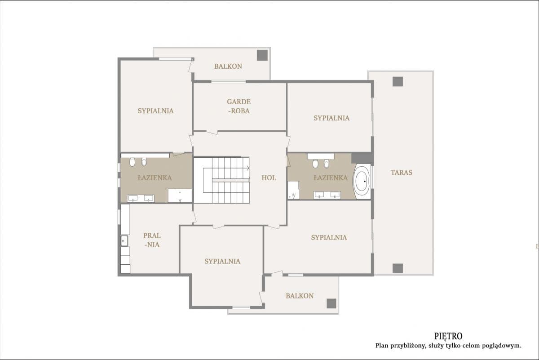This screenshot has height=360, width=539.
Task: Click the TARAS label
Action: [x=401, y=172]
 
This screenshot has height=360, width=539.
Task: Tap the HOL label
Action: [x=269, y=178]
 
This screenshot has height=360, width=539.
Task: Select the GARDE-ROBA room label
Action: [x=239, y=107]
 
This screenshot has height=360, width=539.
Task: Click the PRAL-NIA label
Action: [x=152, y=240]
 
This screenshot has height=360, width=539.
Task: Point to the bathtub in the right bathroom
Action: [x=362, y=182]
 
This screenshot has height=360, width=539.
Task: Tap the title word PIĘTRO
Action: [x=448, y=336]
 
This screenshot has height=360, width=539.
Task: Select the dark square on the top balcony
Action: [x=262, y=55]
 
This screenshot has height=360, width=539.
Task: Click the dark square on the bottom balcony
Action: [x=331, y=303]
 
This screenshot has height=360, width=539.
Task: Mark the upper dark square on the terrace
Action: [x=398, y=81]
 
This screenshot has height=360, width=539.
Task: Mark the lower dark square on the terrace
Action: [x=398, y=268]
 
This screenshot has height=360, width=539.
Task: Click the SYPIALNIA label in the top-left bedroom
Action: [x=155, y=111]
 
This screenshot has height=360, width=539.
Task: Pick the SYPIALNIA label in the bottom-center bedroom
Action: [x=222, y=261]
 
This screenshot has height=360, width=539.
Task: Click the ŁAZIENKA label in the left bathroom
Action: [x=155, y=178]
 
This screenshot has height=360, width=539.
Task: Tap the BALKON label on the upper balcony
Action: [x=228, y=66]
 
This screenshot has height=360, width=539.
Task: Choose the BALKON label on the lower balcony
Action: [x=300, y=296]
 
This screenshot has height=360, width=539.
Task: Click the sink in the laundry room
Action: [x=124, y=241]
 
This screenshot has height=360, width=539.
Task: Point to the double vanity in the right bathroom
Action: [x=327, y=195]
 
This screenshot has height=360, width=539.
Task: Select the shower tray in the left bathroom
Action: [x=180, y=196]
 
